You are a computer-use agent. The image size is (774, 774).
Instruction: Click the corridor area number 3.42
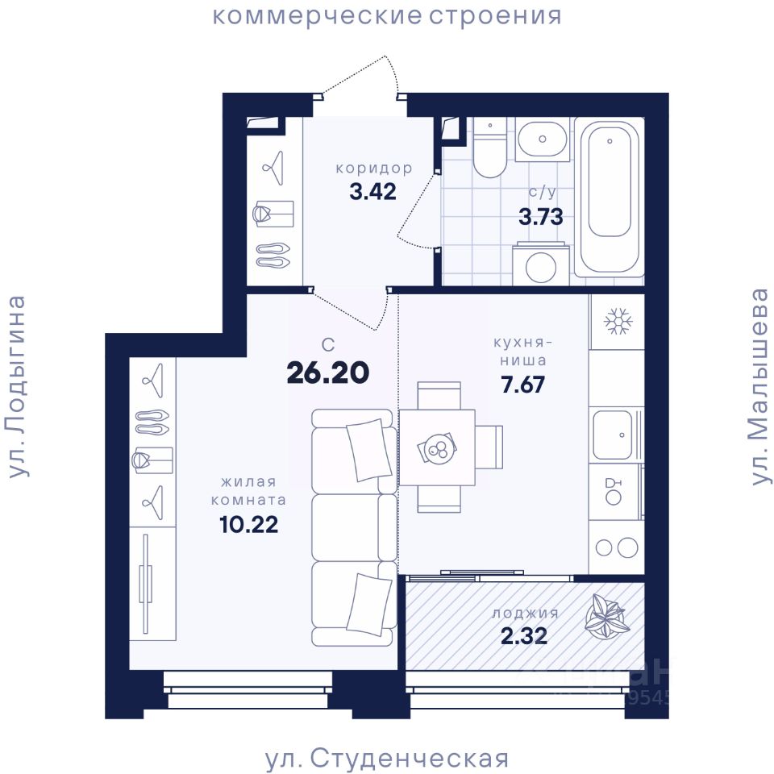[x=372, y=192]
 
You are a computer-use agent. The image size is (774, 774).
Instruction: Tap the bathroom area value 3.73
[x=540, y=217]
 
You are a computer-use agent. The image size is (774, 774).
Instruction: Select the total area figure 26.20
[x=328, y=372]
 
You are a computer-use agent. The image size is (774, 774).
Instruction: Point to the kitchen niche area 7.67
[x=522, y=385]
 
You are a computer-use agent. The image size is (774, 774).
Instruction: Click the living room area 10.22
[x=249, y=524]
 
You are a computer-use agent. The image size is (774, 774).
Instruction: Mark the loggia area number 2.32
[x=524, y=636]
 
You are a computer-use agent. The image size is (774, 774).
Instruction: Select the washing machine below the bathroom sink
[x=541, y=264]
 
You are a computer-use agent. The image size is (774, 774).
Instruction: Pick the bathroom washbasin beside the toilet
[x=542, y=139]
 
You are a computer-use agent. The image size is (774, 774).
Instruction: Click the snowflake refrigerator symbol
[x=617, y=322]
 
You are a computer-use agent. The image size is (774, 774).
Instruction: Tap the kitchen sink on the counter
[x=613, y=435]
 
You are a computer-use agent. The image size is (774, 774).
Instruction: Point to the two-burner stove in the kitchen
[x=617, y=547]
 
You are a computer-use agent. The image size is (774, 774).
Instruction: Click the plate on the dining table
[x=436, y=449]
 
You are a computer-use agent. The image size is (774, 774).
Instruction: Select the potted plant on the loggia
[x=606, y=615]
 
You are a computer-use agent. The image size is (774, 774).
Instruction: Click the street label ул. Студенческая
[x=387, y=758]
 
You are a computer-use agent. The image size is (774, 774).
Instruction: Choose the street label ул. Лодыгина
[x=17, y=387]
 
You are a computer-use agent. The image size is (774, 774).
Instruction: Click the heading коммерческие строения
[x=387, y=16]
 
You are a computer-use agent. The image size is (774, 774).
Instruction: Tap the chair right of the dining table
[x=489, y=447]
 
